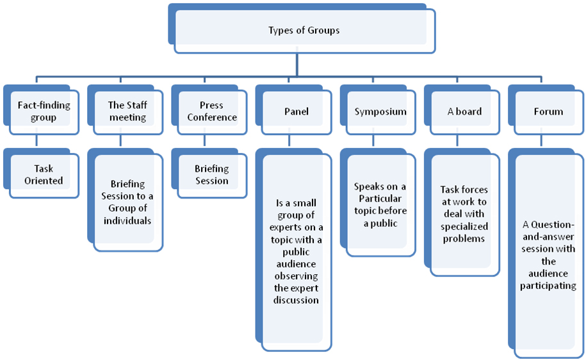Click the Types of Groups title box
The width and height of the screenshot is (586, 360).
coord(304,30)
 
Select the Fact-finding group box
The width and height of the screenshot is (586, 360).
coord(44,111)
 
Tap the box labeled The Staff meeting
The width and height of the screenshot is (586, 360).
coord(127,111)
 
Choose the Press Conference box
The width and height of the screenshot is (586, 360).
coord(211,111)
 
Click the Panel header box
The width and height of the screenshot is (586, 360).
coord(296,111)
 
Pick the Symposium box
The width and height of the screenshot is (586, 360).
coord(380,111)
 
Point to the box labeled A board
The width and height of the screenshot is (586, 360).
coord(464,111)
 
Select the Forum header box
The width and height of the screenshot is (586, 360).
coord(548,111)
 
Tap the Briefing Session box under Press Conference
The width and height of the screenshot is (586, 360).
coord(211,175)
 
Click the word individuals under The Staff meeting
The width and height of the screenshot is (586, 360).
coord(127,220)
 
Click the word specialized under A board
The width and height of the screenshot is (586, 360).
coord(464,226)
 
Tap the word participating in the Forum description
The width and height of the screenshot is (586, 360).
coord(548,286)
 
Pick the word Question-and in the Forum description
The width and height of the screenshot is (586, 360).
coord(548,225)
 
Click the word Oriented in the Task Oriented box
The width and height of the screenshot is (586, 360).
coord(44,181)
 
